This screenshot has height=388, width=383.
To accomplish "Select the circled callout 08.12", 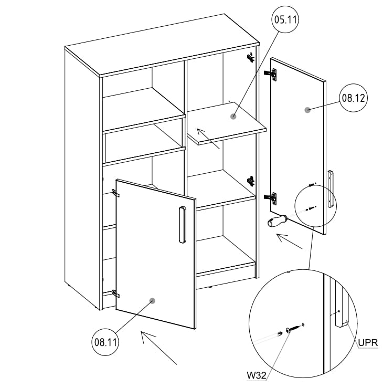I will click(x=353, y=98).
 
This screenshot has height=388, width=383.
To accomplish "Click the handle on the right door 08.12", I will click(x=330, y=188).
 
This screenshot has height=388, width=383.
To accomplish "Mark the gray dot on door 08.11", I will click(x=152, y=301).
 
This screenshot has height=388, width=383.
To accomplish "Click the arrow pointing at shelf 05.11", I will click(x=209, y=138).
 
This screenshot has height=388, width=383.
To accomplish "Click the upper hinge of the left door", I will click(x=116, y=193).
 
